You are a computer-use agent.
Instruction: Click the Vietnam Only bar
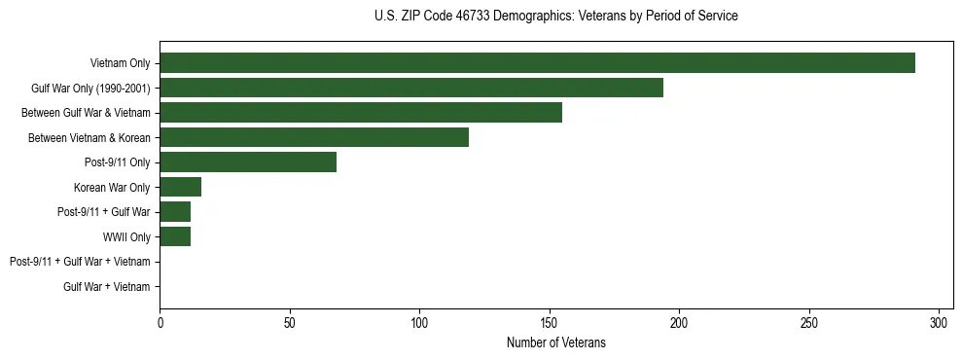click(537, 63)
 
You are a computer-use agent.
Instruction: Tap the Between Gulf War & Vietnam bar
click(361, 113)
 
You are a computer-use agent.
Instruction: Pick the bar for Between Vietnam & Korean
click(314, 137)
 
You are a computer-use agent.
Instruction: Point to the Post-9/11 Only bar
click(248, 162)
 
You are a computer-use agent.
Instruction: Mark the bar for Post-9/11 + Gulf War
click(175, 212)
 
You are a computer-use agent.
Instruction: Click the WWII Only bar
click(175, 236)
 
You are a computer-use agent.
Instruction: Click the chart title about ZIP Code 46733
click(555, 17)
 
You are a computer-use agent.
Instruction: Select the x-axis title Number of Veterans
click(555, 342)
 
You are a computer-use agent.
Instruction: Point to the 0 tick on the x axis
click(160, 323)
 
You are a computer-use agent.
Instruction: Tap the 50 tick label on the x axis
click(290, 323)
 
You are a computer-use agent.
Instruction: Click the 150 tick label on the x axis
click(550, 323)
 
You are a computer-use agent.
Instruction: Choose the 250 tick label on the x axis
click(809, 323)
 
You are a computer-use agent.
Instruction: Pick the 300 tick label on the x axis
click(940, 323)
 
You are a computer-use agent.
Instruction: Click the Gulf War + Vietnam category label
click(107, 287)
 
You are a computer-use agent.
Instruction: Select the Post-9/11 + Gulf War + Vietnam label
click(80, 262)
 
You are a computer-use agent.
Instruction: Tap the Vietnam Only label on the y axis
click(120, 63)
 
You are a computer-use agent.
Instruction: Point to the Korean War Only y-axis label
click(112, 187)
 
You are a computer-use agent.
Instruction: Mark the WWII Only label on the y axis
click(126, 236)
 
